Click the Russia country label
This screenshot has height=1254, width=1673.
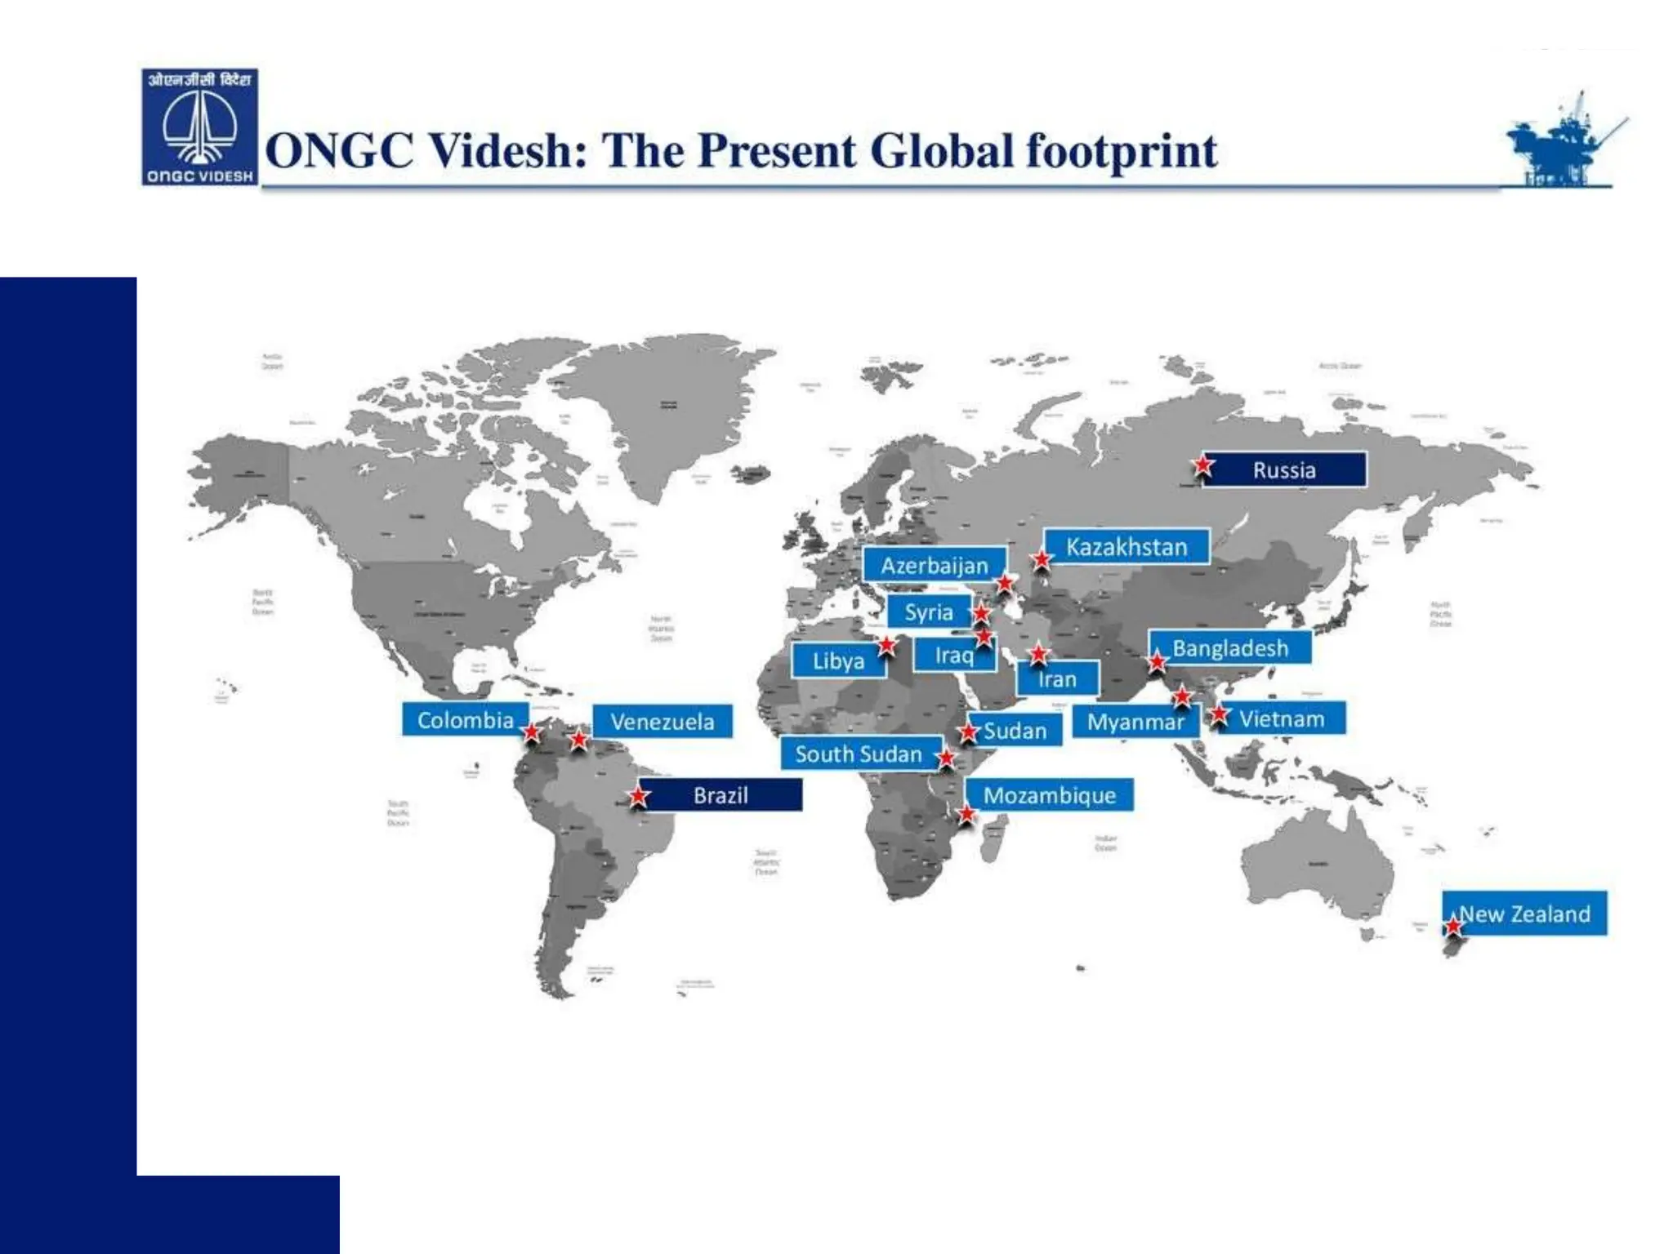(1284, 469)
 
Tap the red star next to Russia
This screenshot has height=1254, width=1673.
(1202, 465)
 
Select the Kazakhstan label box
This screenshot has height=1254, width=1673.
(1126, 546)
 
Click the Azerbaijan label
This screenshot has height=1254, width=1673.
(934, 565)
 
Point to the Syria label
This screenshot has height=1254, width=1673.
(928, 611)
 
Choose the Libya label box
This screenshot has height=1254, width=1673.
(838, 660)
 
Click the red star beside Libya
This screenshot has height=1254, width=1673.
(887, 646)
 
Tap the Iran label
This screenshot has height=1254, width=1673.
(1057, 679)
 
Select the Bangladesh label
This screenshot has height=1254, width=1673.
(1230, 648)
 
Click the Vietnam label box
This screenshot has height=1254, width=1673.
(1281, 718)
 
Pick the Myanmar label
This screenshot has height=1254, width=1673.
(1135, 722)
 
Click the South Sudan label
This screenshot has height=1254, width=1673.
(858, 754)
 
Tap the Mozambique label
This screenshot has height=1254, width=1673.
(1049, 794)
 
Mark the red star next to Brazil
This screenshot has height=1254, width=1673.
(639, 794)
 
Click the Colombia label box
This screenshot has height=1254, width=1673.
(465, 719)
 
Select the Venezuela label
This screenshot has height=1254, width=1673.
(662, 721)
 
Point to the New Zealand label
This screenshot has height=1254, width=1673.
(1524, 914)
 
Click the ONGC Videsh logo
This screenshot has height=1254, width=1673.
(200, 127)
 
